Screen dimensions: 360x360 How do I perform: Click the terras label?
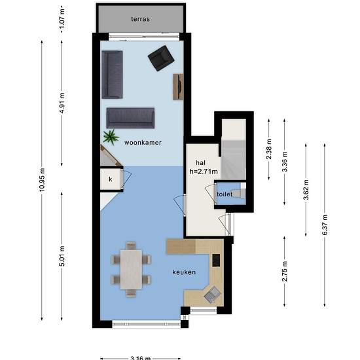[x=140, y=19]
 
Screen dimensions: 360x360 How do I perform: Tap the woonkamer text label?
[x=144, y=142]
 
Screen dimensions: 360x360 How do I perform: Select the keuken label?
[x=184, y=272]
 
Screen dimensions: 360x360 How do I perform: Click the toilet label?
[x=225, y=194]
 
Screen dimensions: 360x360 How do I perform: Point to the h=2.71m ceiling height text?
[x=204, y=171]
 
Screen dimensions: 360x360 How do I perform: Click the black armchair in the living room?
[x=160, y=60]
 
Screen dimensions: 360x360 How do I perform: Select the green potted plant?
[x=111, y=137]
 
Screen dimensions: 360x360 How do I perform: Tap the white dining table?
[x=134, y=267]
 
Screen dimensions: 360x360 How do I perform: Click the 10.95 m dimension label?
[x=43, y=177]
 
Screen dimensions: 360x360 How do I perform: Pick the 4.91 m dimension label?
[x=62, y=102]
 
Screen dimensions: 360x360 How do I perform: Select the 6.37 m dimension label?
[x=324, y=223]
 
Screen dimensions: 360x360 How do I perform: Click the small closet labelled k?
[x=110, y=179]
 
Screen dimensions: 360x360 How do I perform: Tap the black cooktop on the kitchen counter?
[x=217, y=261]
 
